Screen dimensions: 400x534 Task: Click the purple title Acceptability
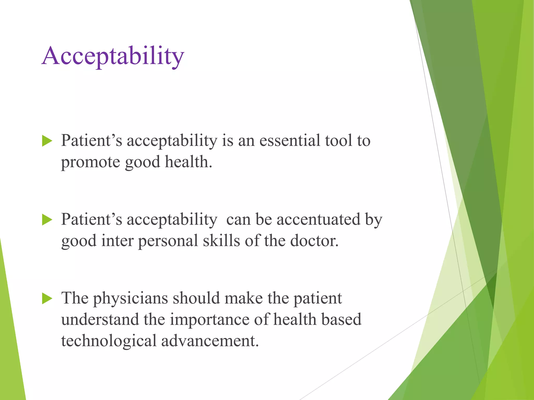click(x=113, y=56)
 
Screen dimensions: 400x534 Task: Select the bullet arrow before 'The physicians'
click(x=47, y=298)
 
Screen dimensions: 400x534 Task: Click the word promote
click(x=90, y=162)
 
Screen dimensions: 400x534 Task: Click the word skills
click(x=221, y=241)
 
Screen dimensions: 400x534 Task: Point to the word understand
click(x=100, y=320)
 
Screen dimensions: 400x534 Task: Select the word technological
click(x=108, y=341)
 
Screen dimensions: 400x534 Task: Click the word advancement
click(x=210, y=341)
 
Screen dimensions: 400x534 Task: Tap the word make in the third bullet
click(x=244, y=298)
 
